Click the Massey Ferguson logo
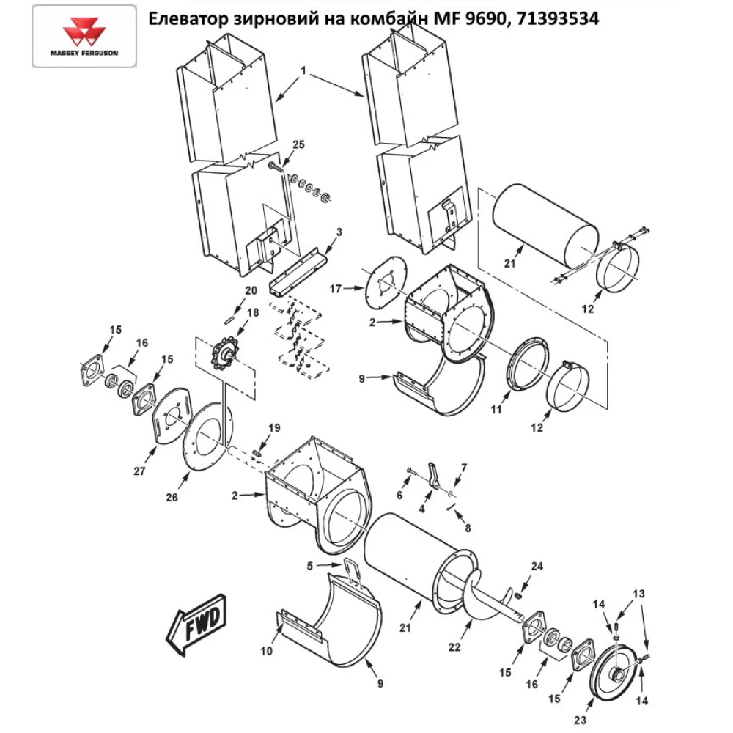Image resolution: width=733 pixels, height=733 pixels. click(84, 37)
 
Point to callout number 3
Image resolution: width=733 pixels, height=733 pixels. click(338, 232)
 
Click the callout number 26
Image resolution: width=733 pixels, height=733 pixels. click(172, 498)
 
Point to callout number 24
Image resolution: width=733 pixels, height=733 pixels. click(538, 565)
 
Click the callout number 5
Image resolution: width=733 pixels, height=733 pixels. click(310, 565)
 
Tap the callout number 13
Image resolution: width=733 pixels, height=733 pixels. click(639, 592)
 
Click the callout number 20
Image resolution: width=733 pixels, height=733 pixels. click(251, 290)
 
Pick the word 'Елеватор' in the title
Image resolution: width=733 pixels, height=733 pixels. click(185, 18)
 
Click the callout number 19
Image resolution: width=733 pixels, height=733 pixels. click(273, 427)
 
